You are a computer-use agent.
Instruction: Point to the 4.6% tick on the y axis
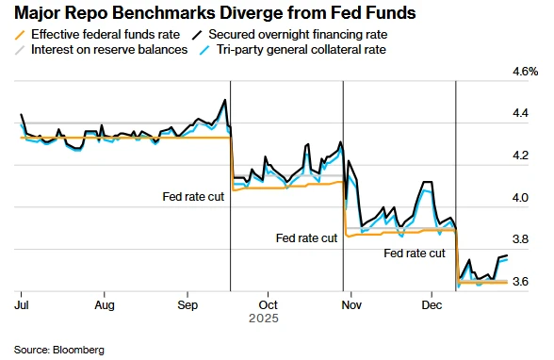tap(524, 72)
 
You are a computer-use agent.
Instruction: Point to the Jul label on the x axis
tap(21, 305)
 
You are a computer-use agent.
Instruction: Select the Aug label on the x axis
tap(105, 305)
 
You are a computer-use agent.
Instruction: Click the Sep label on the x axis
tap(187, 305)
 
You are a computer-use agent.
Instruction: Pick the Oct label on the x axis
tap(269, 305)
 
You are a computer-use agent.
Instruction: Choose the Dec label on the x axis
tap(432, 305)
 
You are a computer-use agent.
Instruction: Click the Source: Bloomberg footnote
tap(58, 349)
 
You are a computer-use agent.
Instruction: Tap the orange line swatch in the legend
tap(23, 34)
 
